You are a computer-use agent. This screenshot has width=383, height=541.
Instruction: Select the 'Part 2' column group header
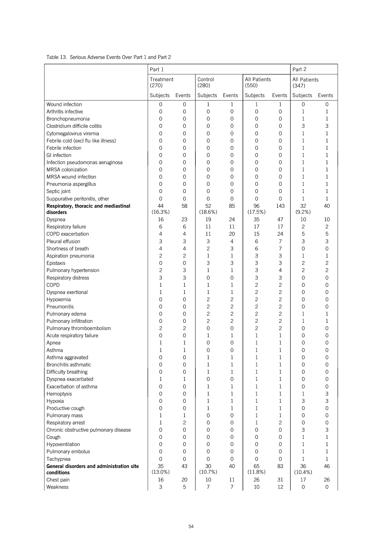click(x=299, y=69)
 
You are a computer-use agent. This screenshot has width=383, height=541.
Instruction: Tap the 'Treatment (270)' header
click(x=162, y=82)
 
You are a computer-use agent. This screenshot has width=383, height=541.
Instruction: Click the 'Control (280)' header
click(x=206, y=82)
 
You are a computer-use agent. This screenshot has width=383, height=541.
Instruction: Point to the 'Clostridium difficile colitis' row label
click(x=74, y=126)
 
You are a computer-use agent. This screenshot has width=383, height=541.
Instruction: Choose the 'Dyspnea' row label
click(x=56, y=219)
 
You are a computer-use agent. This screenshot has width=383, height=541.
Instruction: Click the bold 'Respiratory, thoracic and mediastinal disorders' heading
click(x=88, y=209)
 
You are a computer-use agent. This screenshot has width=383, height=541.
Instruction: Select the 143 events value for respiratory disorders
click(x=280, y=206)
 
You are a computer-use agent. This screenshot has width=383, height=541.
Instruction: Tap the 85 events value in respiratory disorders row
click(x=232, y=206)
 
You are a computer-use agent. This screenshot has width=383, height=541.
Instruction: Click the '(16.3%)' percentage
click(x=160, y=212)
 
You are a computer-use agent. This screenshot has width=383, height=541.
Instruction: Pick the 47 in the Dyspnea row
click(x=280, y=219)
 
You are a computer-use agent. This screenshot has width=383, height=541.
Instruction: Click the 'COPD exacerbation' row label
click(x=67, y=234)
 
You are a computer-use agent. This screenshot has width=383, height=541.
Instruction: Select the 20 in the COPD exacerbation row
click(x=232, y=234)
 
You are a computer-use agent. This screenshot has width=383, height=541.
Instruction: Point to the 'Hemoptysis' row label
click(x=59, y=394)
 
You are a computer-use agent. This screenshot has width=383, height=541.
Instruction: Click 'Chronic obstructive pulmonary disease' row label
click(x=89, y=430)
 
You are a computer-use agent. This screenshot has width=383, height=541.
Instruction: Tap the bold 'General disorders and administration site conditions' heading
click(x=92, y=469)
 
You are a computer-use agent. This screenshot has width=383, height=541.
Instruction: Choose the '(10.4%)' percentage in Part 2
click(x=303, y=472)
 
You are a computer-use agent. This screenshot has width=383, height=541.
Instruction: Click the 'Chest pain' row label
click(x=58, y=480)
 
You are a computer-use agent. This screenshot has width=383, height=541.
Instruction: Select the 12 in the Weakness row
click(x=280, y=487)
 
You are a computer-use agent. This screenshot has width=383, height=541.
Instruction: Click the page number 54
click(x=191, y=526)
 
